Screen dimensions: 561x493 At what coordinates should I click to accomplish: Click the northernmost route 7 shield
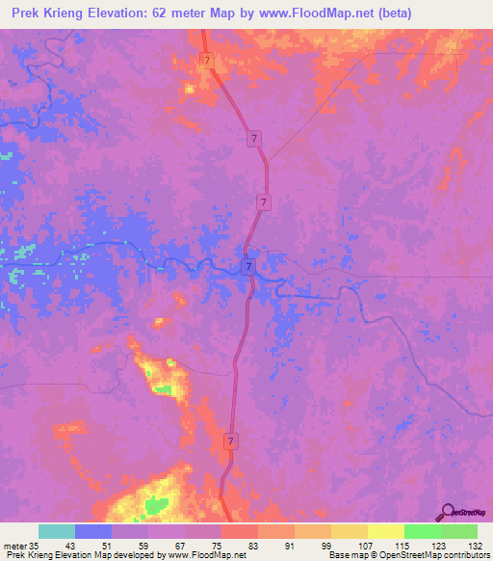pyautogui.click(x=207, y=61)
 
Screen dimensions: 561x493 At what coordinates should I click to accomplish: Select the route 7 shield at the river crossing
pyautogui.click(x=247, y=266)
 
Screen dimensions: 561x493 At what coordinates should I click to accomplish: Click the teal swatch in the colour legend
pyautogui.click(x=57, y=531)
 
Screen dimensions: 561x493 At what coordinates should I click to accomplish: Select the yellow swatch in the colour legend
pyautogui.click(x=385, y=531)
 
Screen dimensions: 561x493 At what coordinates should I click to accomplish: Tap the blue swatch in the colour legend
pyautogui.click(x=93, y=531)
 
